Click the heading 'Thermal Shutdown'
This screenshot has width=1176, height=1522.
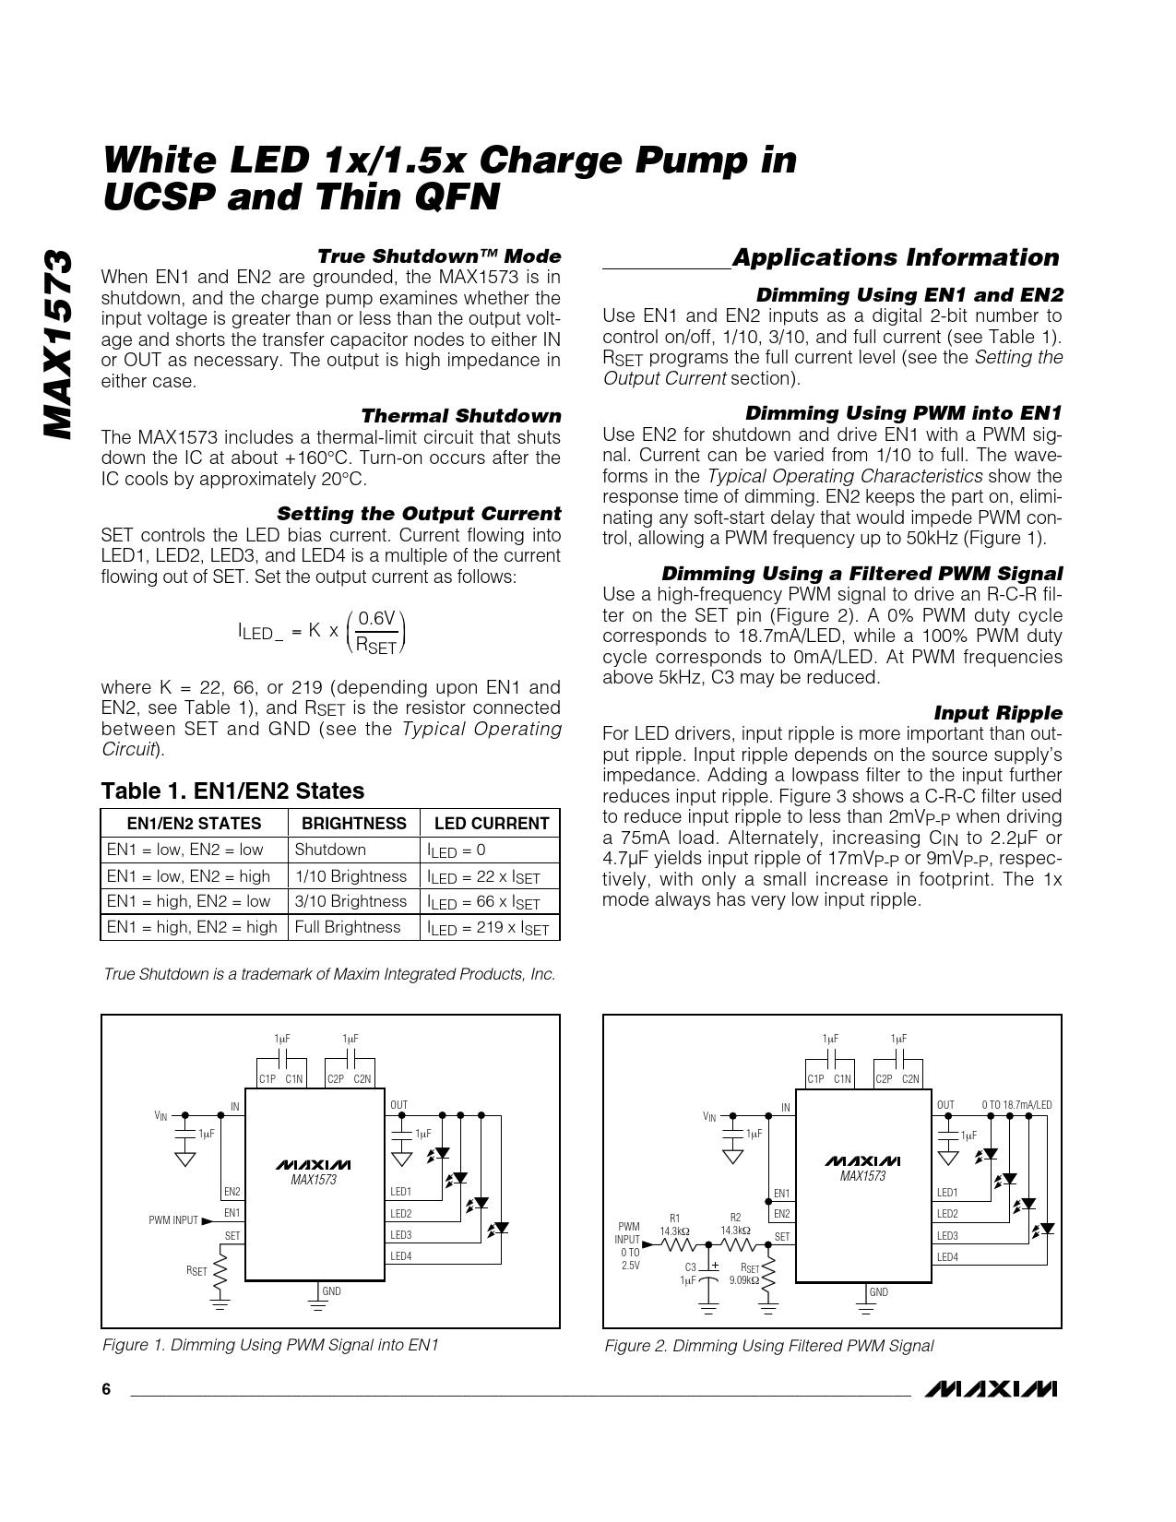460,416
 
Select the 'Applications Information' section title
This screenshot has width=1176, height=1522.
895,257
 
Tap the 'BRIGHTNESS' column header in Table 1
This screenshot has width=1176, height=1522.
354,824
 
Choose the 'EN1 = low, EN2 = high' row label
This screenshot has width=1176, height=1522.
189,875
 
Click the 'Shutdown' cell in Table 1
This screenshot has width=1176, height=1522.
330,850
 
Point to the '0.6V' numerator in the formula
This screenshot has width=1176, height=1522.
376,618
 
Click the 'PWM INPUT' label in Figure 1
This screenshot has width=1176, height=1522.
173,1219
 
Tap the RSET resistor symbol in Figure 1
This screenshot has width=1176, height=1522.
220,1271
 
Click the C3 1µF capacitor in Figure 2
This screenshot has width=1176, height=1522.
708,1274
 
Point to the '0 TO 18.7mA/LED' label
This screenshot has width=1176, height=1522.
1016,1104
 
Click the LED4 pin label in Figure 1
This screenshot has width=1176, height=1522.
400,1255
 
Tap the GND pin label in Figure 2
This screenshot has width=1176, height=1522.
878,1291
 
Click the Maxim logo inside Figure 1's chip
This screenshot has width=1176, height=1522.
314,1163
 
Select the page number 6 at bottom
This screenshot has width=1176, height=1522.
106,1390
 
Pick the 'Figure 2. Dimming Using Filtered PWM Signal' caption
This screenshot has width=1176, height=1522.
768,1346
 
